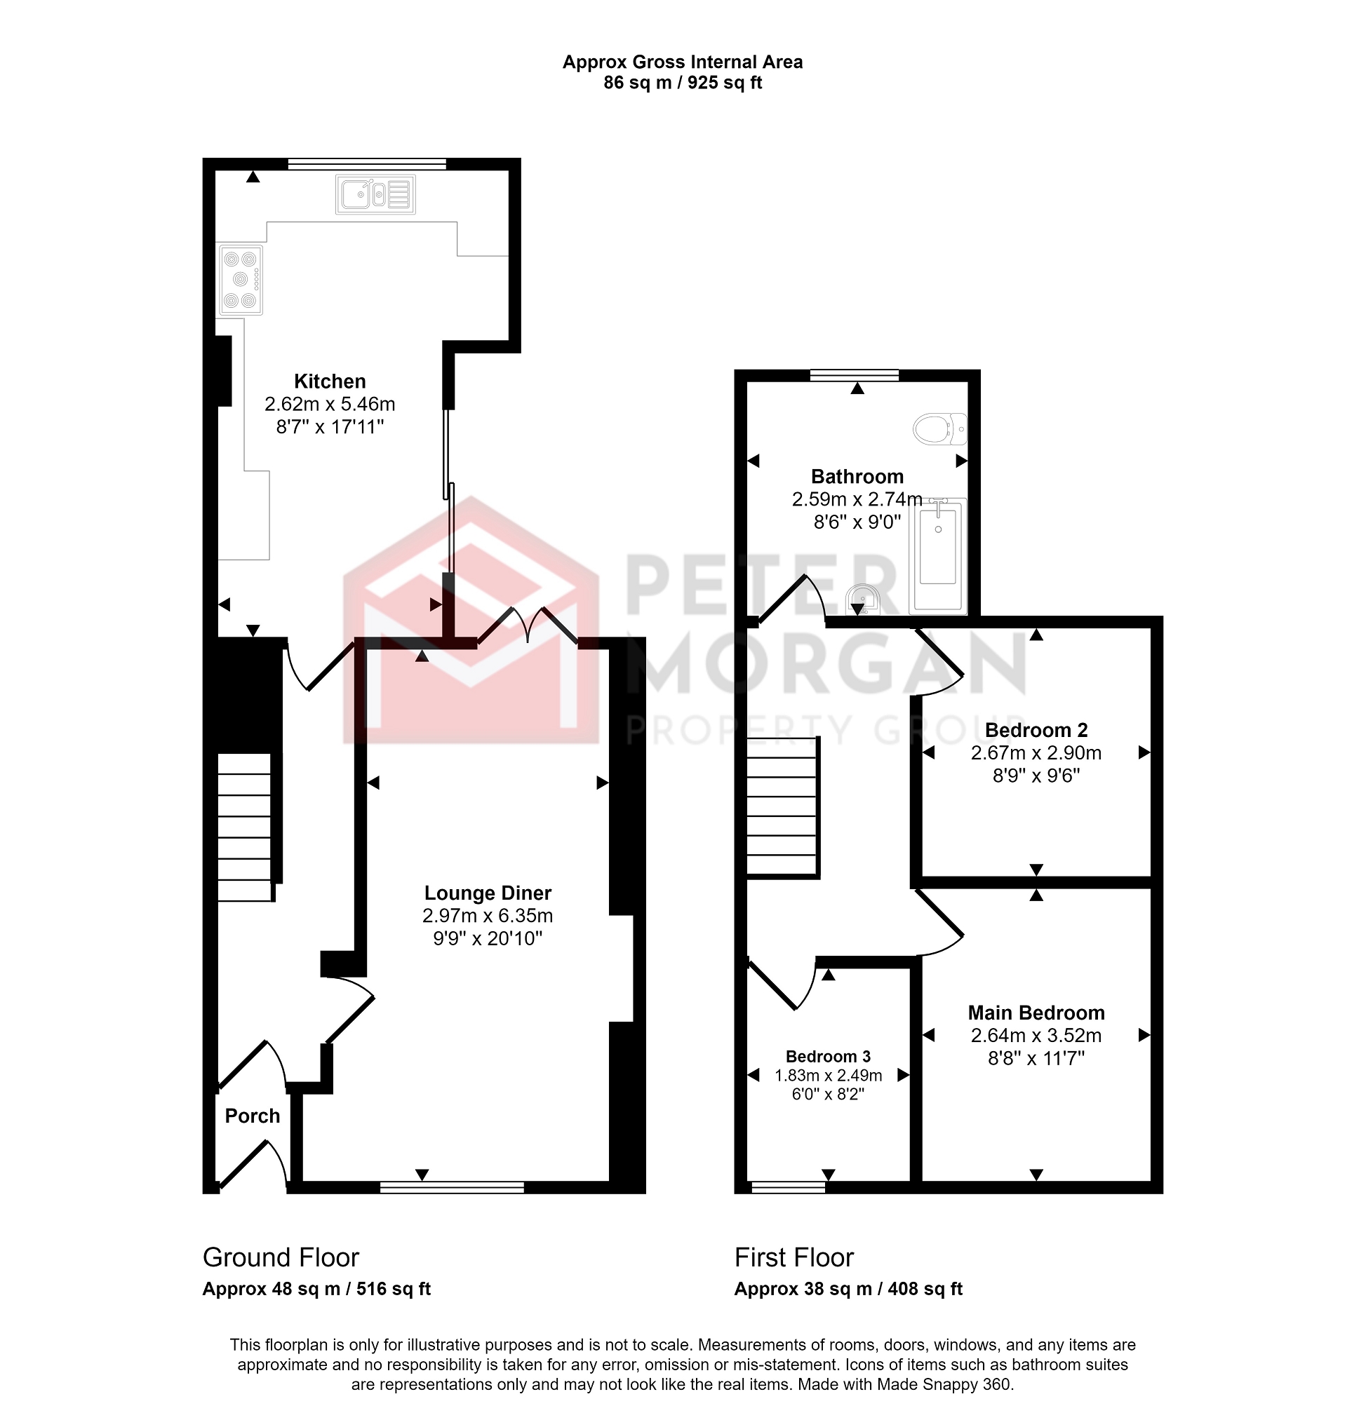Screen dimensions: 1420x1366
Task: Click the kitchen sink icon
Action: (x=375, y=194)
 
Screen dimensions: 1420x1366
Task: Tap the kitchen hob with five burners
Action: (x=241, y=280)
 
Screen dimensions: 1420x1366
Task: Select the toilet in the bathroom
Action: (x=939, y=429)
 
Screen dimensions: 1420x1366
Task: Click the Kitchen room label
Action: (x=330, y=381)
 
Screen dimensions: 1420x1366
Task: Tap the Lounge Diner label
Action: (x=488, y=893)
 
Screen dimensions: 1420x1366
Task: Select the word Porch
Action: (x=252, y=1116)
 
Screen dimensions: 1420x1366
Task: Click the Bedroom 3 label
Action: (x=828, y=1056)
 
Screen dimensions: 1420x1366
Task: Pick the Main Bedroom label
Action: (x=1036, y=1012)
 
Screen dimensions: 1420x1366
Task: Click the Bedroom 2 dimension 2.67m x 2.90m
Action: (x=1036, y=752)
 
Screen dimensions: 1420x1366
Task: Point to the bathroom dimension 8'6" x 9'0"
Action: (x=857, y=522)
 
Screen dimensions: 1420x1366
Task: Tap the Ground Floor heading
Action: (x=281, y=1257)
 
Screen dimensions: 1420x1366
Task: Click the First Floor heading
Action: (x=794, y=1257)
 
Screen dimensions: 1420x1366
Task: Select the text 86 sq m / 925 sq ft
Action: (x=683, y=83)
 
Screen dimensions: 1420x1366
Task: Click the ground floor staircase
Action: (x=246, y=827)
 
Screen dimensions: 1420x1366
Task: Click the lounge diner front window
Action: (x=453, y=1186)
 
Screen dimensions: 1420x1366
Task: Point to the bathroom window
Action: (x=854, y=374)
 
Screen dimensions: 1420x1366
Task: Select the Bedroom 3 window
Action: (x=789, y=1186)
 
